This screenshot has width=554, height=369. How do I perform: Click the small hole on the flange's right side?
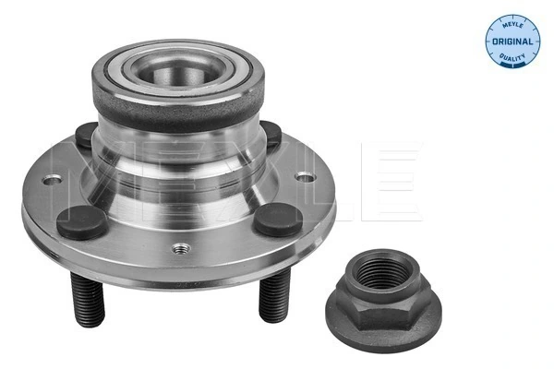pos(300,175)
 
